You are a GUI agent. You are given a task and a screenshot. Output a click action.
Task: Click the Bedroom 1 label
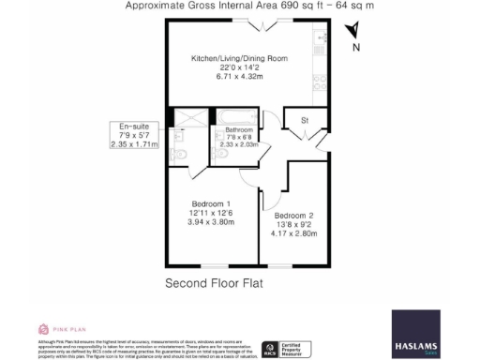[x=211, y=204]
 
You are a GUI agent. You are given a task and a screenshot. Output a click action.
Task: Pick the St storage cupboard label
[x=305, y=121]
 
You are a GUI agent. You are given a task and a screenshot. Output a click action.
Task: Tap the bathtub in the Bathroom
[x=234, y=118]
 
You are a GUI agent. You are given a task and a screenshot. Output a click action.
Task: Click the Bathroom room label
[x=239, y=129]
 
